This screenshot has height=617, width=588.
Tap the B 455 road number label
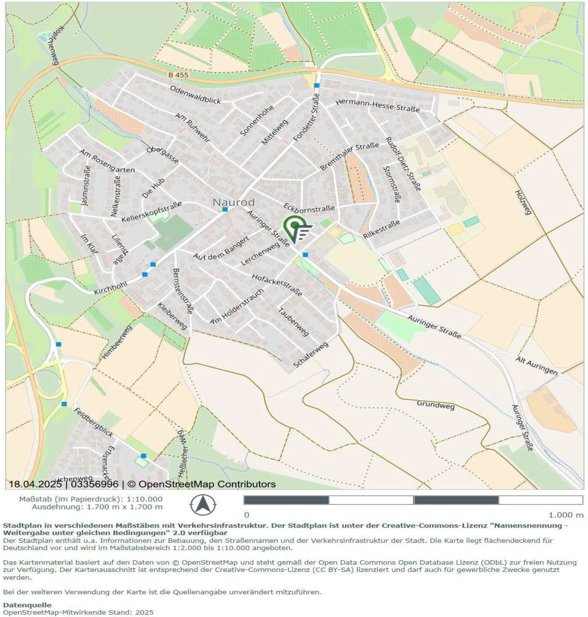pos(178,75)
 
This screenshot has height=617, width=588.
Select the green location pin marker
pos(294,226)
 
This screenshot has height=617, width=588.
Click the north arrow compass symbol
pos(203,505)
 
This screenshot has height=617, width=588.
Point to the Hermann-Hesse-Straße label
pos(377,105)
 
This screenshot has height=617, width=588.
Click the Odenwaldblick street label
pos(195,95)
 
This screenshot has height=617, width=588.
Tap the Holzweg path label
pos(522,202)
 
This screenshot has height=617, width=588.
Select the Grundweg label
pos(435,405)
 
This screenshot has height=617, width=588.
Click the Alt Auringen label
pos(536,365)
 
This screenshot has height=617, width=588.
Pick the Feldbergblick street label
pos(93,422)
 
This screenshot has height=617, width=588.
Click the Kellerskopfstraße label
pos(151,212)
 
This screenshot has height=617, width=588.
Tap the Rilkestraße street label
pos(381,230)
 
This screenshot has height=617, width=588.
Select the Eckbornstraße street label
pos(309,208)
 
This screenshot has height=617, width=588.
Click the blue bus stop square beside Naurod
pos(225,209)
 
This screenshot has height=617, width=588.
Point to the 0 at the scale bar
pos(246,515)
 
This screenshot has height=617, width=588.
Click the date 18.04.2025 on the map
pos(35,484)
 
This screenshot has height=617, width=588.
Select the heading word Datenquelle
pos(27,605)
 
